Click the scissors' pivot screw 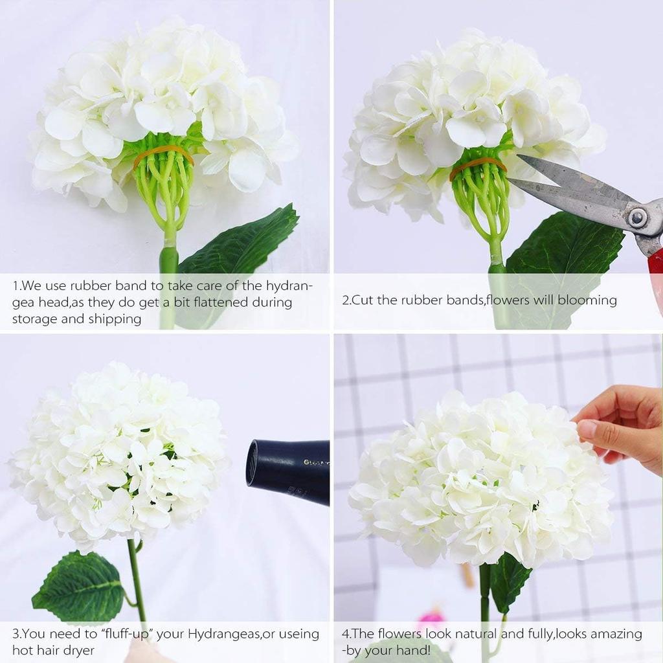(637, 218)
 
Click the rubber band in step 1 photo (163, 152)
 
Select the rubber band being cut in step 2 (478, 164)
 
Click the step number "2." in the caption (346, 300)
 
